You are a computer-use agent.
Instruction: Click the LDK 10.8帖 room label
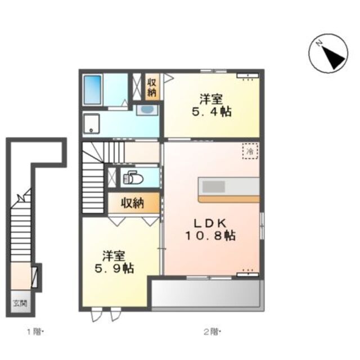(210, 229)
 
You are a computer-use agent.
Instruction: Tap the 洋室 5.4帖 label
(211, 106)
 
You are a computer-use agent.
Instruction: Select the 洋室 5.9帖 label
(114, 262)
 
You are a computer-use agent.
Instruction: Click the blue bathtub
(92, 90)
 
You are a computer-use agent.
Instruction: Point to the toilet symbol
(133, 178)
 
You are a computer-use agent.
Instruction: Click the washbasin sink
(147, 110)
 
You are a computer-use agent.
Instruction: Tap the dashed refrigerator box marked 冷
(250, 151)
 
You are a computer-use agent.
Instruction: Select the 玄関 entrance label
(20, 303)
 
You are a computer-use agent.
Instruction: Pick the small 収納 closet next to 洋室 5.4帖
(152, 87)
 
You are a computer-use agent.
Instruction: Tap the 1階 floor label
(34, 332)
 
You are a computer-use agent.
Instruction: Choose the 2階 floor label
(211, 332)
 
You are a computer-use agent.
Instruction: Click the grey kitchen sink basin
(213, 186)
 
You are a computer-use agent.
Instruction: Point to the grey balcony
(206, 294)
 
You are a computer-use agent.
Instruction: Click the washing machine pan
(91, 124)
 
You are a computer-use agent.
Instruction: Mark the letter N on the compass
(319, 43)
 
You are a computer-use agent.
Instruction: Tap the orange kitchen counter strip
(229, 199)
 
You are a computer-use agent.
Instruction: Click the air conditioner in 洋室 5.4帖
(247, 76)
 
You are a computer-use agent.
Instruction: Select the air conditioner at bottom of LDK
(247, 274)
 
